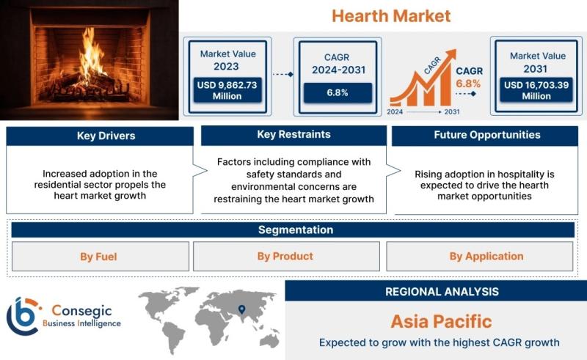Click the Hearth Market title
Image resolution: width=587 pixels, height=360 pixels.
click(391, 16)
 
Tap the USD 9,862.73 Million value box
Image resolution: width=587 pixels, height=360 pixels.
click(227, 90)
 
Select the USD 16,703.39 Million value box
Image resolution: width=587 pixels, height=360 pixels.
click(536, 90)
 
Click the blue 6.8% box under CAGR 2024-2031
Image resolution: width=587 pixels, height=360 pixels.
click(338, 92)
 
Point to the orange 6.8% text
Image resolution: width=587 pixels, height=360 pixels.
click(468, 84)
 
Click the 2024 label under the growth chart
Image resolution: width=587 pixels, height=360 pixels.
click(395, 112)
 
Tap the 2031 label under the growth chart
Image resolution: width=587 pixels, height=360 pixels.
click(452, 112)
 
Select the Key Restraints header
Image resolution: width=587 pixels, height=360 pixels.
click(293, 135)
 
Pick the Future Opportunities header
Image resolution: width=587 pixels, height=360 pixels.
click(485, 136)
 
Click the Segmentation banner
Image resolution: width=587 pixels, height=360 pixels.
click(293, 229)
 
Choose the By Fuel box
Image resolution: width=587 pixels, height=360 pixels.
click(101, 257)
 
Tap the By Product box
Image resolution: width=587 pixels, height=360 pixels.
click(286, 257)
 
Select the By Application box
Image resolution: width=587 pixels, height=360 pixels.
click(480, 257)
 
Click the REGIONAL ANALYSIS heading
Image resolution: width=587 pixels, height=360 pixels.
click(442, 292)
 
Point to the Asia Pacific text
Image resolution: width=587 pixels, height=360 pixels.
click(441, 321)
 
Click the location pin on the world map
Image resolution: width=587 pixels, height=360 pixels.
click(242, 309)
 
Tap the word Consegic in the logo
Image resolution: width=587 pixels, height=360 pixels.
click(81, 311)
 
